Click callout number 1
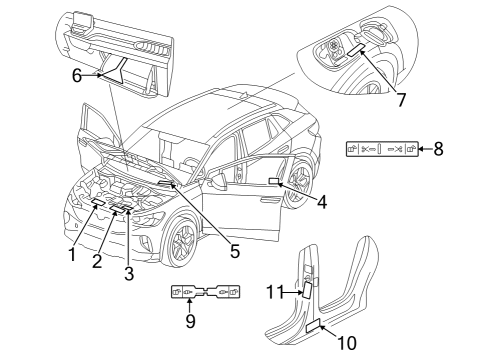click(x=72, y=255)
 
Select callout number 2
click(x=97, y=261)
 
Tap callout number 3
click(x=129, y=273)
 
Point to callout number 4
click(x=322, y=202)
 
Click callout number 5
click(x=235, y=251)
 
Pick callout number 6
click(x=77, y=76)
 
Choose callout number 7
click(x=401, y=99)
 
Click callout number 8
click(x=438, y=149)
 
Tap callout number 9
click(x=190, y=321)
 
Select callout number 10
click(x=347, y=343)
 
